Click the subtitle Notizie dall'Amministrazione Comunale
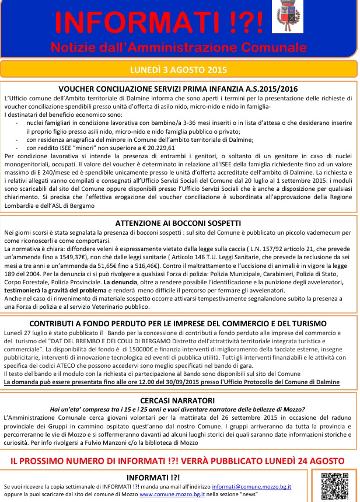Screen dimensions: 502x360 point(178,47)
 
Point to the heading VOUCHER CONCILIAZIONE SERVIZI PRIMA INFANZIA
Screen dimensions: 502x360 point(178,89)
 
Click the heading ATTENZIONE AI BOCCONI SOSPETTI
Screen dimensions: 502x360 point(178,222)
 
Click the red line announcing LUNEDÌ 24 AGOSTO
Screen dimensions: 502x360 point(178,461)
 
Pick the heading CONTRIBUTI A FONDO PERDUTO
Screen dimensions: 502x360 point(178,323)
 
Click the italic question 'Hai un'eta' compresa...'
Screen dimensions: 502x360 point(178,409)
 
